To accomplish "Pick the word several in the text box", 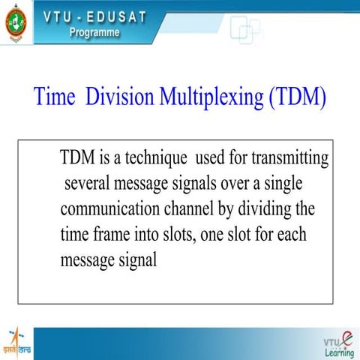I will pos(90,183).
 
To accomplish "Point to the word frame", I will pos(112,234).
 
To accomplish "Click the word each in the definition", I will pos(290,234).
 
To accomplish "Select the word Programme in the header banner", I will pos(94,33).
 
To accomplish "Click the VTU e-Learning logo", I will pos(339,343).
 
